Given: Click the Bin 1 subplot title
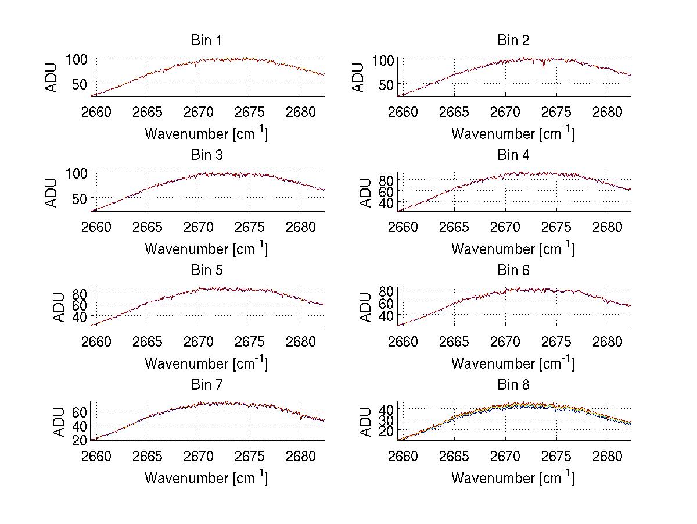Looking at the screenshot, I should click(x=206, y=41).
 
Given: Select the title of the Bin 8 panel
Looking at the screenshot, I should click(x=513, y=385).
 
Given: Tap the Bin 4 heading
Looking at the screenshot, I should click(x=513, y=155).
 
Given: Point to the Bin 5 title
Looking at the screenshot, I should click(x=206, y=270).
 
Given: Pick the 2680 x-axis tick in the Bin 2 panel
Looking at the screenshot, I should click(x=608, y=112).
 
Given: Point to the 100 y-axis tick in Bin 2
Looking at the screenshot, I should click(x=383, y=60).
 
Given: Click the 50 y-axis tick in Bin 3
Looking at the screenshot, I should click(x=82, y=198).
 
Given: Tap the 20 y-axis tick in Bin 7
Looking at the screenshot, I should click(x=80, y=440).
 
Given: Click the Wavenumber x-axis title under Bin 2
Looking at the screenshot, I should click(x=513, y=134).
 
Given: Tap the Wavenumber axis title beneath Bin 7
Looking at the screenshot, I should click(x=206, y=478).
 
